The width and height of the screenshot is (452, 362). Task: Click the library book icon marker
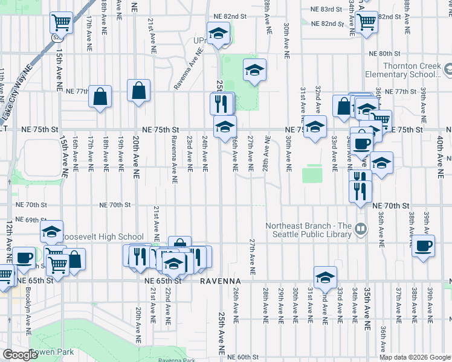[x=360, y=228]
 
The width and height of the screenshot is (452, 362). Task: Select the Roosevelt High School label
[x=103, y=237]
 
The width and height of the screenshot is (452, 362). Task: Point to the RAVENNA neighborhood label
[x=221, y=281]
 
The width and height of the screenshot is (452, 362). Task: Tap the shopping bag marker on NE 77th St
[x=100, y=97]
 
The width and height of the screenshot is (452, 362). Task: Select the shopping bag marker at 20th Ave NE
[x=139, y=91]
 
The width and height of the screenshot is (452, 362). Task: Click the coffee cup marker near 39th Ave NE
[x=424, y=246]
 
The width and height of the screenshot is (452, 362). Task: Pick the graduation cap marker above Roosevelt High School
[x=52, y=230]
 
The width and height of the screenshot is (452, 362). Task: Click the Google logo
[x=20, y=355]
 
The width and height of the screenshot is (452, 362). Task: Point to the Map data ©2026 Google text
[x=415, y=357]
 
